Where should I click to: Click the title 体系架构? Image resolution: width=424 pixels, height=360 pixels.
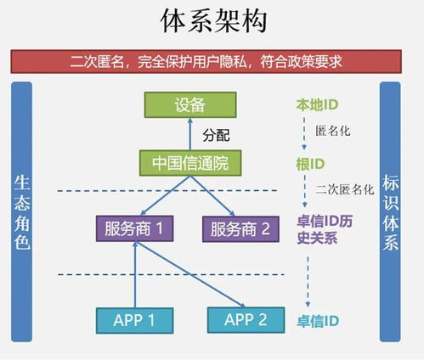pyautogui.click(x=212, y=21)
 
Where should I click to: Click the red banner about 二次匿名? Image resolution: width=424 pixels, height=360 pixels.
pyautogui.click(x=212, y=62)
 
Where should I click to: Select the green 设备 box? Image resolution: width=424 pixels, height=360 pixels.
pyautogui.click(x=190, y=104)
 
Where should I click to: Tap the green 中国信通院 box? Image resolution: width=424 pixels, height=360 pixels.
pyautogui.click(x=190, y=161)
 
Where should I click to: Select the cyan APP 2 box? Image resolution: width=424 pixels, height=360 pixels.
pyautogui.click(x=246, y=319)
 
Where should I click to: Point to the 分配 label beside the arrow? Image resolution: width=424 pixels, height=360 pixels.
pyautogui.click(x=217, y=135)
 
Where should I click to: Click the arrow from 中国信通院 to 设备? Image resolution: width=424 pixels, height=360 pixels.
pyautogui.click(x=190, y=134)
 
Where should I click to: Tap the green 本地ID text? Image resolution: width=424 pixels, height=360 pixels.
pyautogui.click(x=316, y=105)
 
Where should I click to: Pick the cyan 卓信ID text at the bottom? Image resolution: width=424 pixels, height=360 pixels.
pyautogui.click(x=317, y=321)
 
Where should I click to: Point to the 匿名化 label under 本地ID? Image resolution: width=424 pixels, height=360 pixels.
pyautogui.click(x=332, y=132)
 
